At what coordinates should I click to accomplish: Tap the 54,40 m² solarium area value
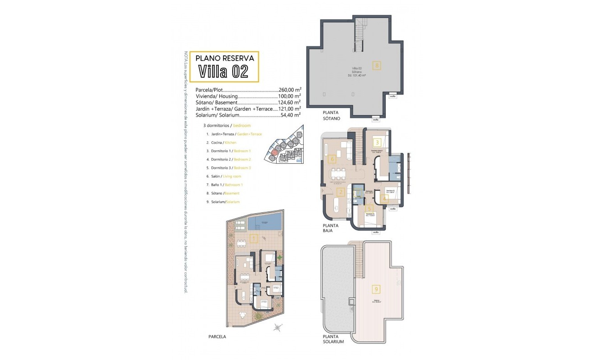(290, 115)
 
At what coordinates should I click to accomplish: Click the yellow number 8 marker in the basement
(377, 65)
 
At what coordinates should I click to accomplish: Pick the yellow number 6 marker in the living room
(332, 158)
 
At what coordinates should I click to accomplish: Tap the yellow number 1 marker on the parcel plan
(253, 238)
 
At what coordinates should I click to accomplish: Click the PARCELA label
(217, 336)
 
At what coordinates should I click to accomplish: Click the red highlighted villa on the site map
(274, 152)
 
